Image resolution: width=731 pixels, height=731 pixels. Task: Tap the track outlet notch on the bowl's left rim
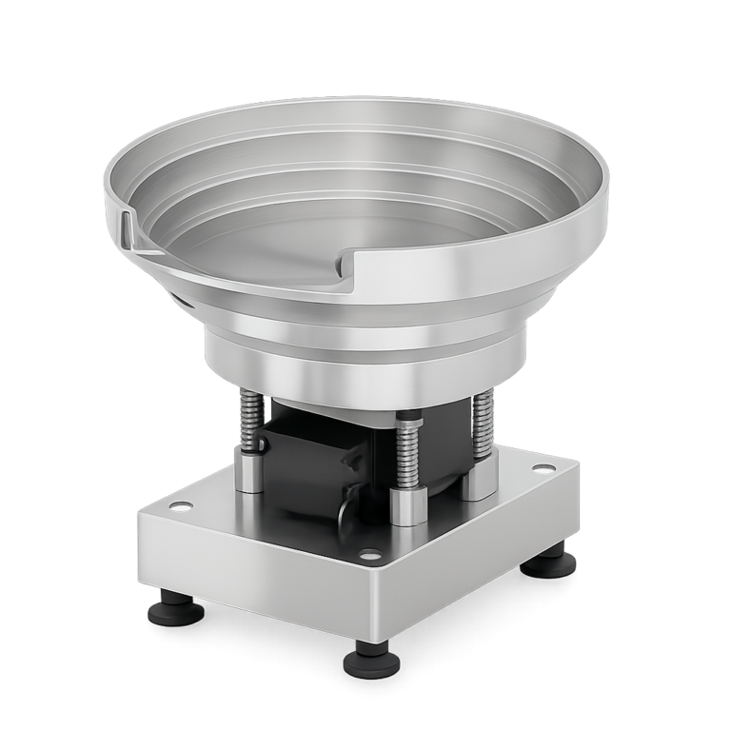(128, 228)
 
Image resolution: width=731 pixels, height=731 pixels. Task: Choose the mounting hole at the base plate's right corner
(542, 469)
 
